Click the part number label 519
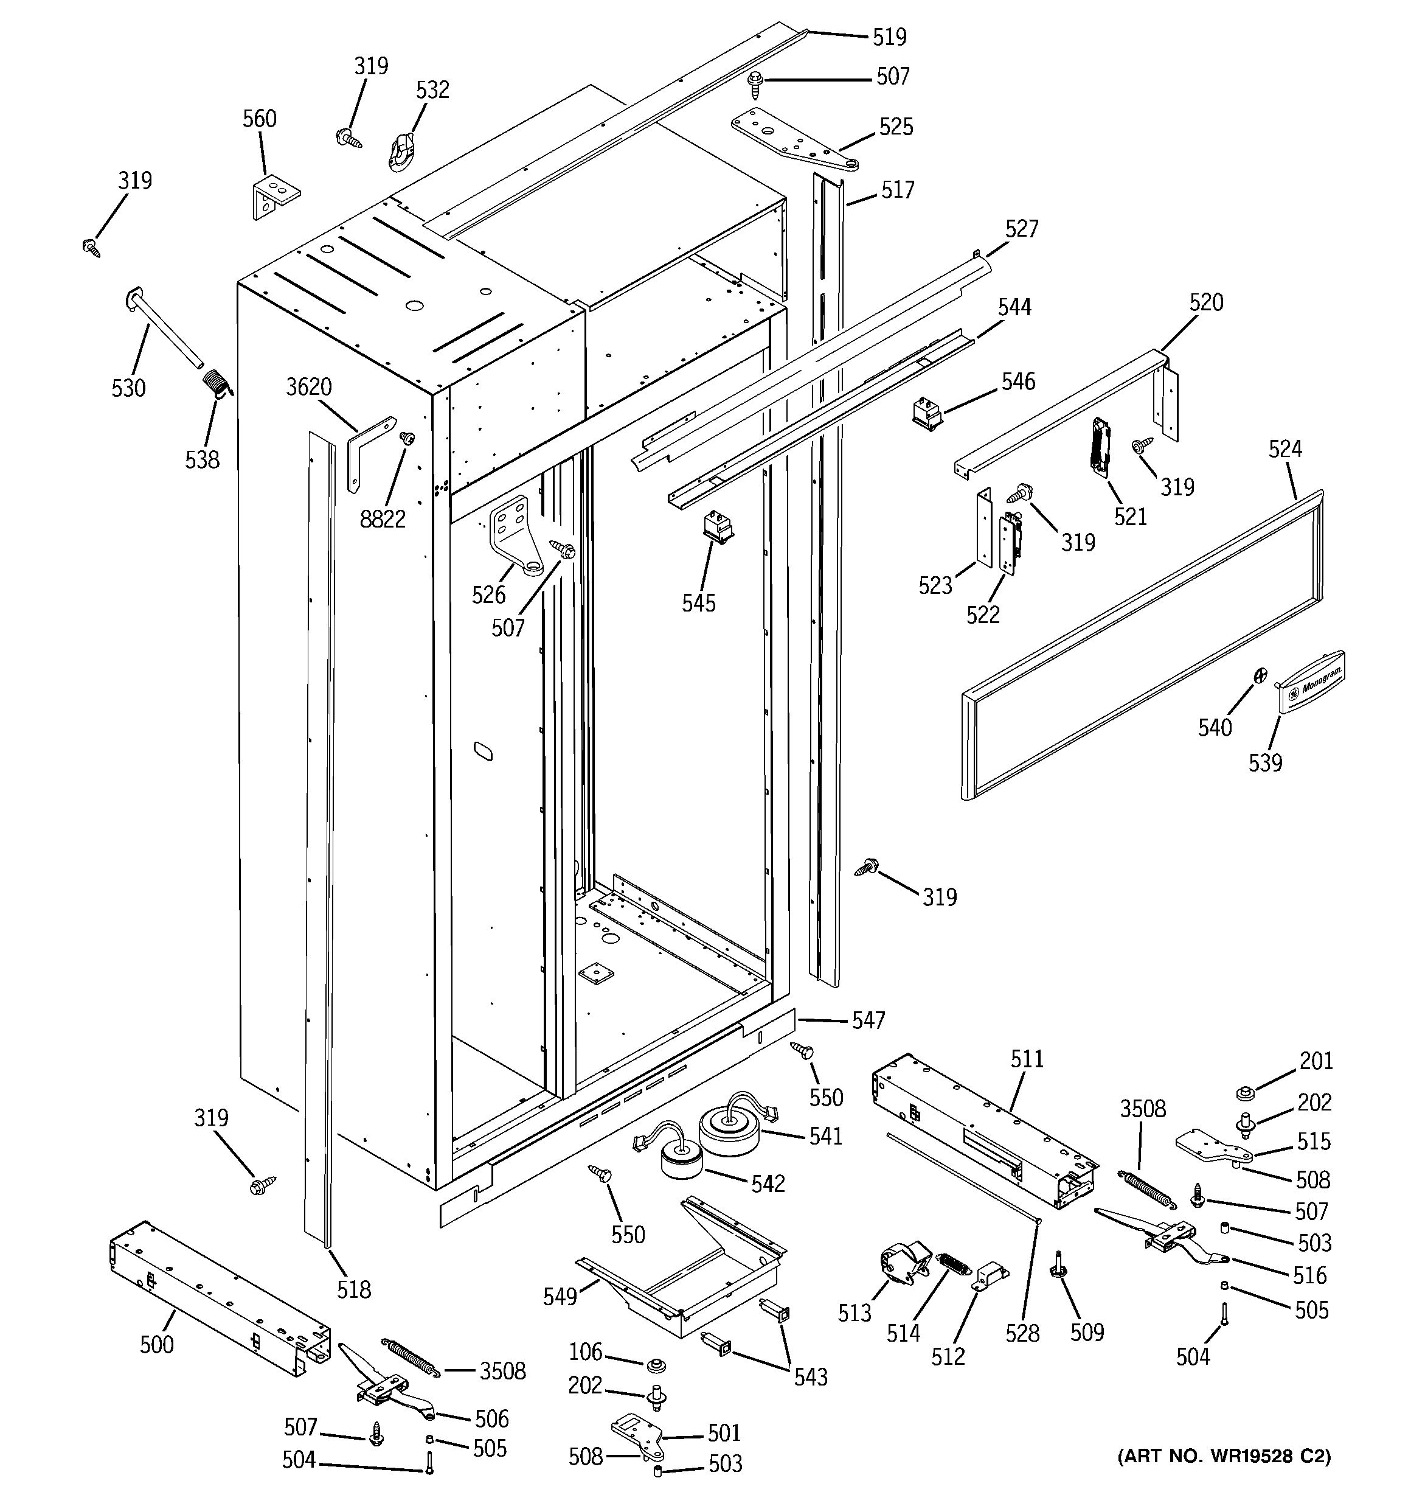[x=889, y=37]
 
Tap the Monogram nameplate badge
[x=1312, y=681]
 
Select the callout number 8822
[x=383, y=519]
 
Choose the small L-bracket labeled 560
[x=275, y=196]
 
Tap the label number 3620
[x=309, y=387]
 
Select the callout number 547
[x=868, y=1020]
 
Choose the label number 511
[x=1027, y=1058]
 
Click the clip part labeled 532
[x=404, y=149]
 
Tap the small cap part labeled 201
[x=1243, y=1093]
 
